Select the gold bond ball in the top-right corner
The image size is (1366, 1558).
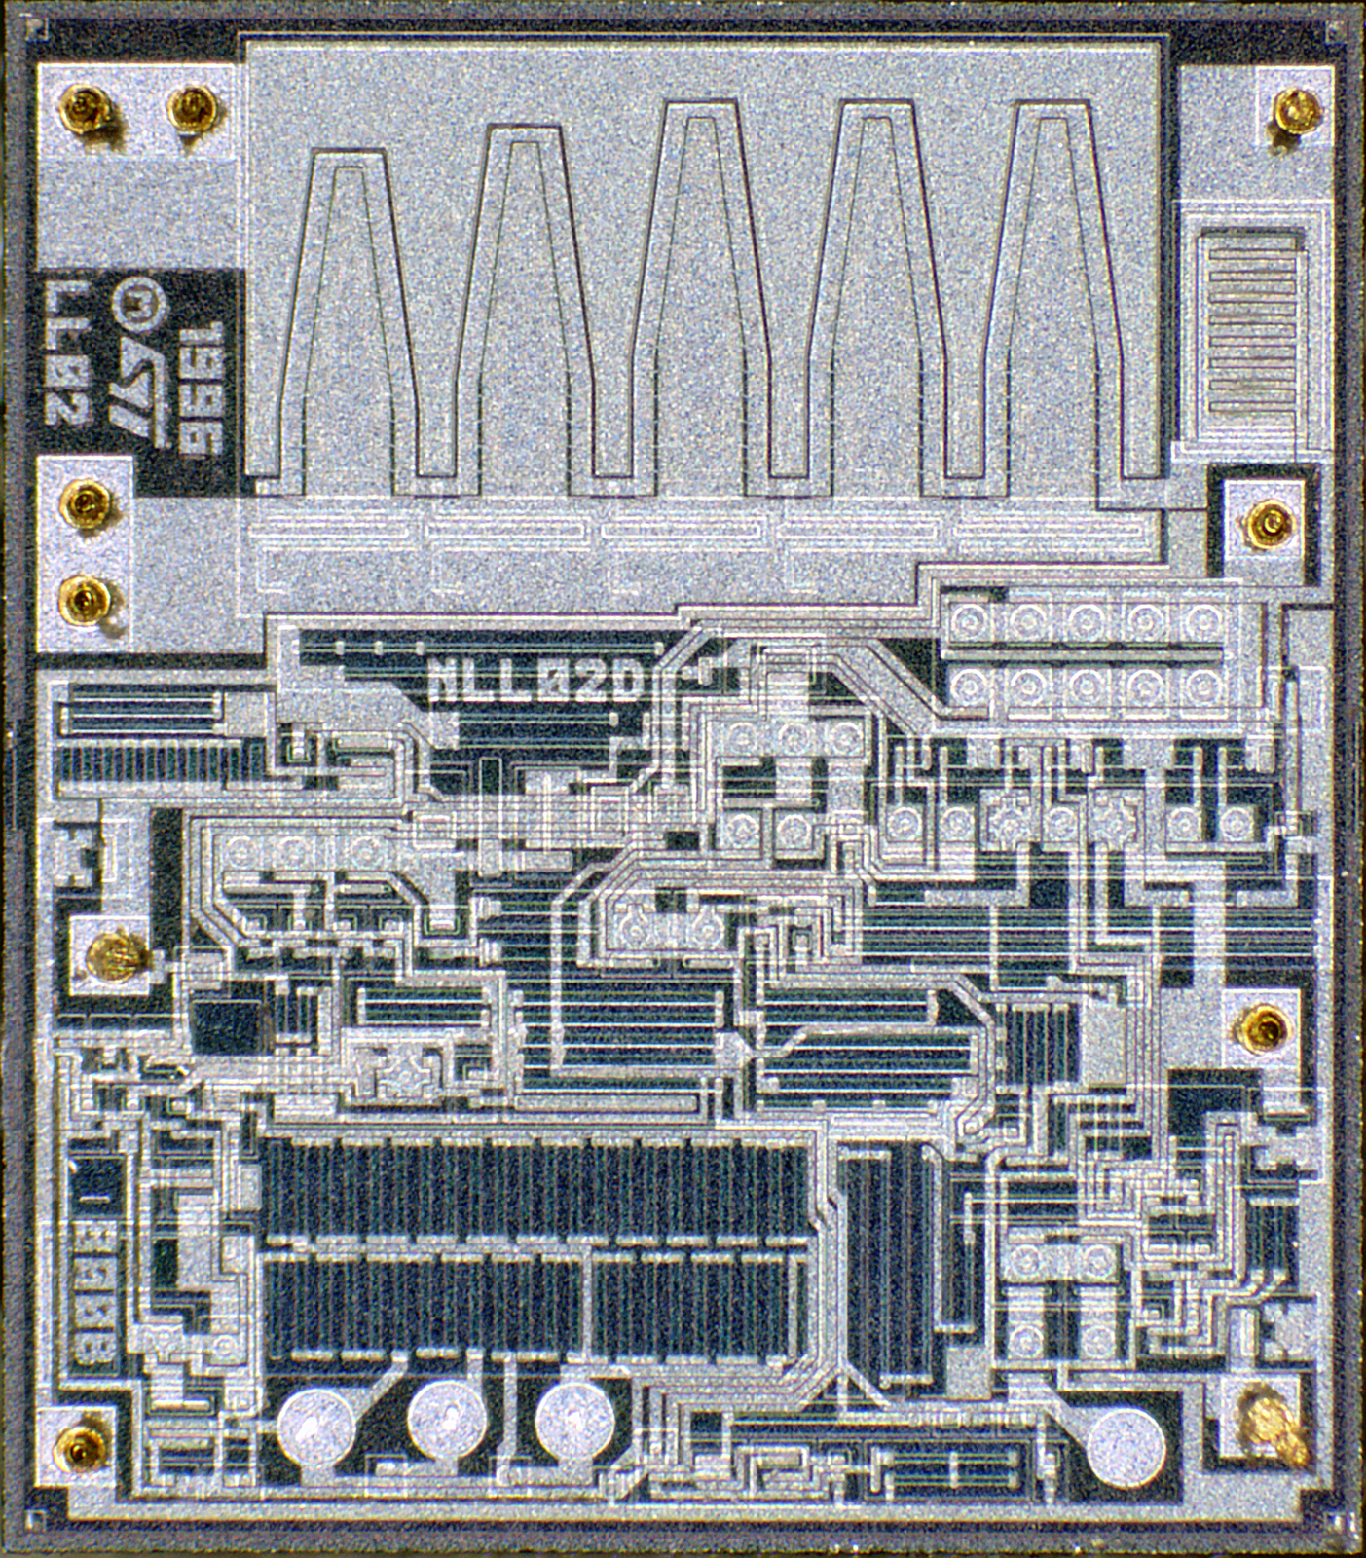pyautogui.click(x=1296, y=109)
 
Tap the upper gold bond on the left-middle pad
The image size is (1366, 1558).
pyautogui.click(x=85, y=502)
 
